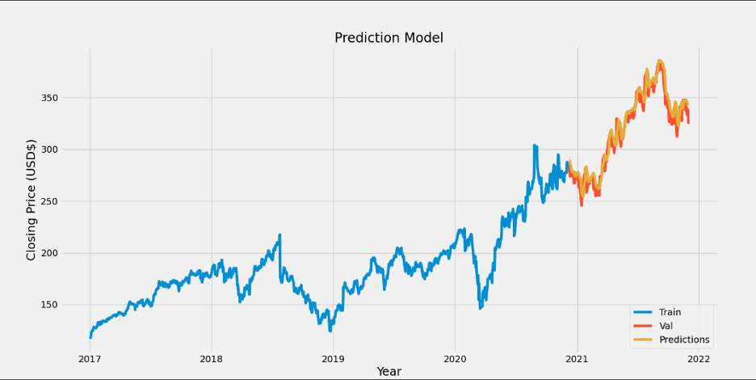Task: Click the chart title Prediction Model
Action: point(388,38)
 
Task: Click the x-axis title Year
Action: point(388,371)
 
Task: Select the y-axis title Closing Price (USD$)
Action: point(31,200)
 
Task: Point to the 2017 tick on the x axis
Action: point(89,358)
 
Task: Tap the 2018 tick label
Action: point(211,358)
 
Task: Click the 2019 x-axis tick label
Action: point(333,358)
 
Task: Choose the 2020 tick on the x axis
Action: point(455,358)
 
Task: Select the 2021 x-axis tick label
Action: point(577,358)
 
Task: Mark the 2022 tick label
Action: point(699,358)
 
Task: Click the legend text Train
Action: point(670,311)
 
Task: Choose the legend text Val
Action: point(666,325)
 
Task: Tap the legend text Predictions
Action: point(684,340)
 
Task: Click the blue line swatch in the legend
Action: point(643,311)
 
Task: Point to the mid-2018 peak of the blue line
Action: point(279,235)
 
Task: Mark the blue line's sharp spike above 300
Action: point(535,146)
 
